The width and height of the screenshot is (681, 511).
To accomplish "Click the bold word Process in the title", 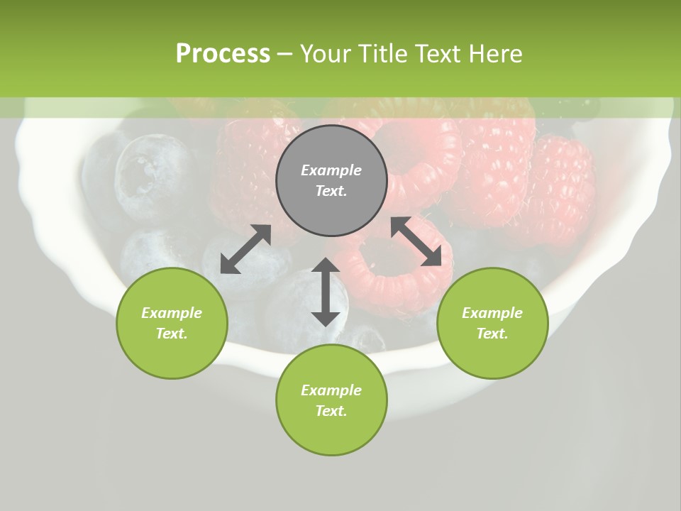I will pos(223,54).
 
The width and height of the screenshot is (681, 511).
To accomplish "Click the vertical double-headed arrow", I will pos(326,292).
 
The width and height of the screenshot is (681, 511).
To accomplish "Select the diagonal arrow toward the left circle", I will pos(245,249).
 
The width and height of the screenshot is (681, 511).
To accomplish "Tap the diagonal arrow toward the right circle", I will pos(421,242).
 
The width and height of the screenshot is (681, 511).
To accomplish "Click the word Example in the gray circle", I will pos(331,170).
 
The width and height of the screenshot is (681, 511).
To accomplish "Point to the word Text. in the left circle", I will pos(172,334).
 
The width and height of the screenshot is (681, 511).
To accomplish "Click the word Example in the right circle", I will pos(492,313).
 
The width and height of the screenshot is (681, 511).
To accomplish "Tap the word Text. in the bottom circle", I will pos(331,411).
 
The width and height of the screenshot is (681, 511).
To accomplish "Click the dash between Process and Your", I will pos(285,54).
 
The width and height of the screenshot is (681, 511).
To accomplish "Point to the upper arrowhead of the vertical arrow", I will pos(326,267).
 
